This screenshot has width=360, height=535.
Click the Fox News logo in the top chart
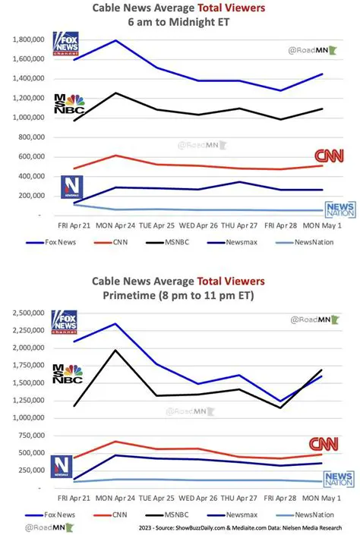(65, 43)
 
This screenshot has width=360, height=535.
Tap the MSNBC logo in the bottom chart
(68, 374)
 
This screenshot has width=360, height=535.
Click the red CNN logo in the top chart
(329, 156)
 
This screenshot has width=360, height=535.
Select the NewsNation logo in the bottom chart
(338, 479)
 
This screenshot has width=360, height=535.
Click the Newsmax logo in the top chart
(71, 187)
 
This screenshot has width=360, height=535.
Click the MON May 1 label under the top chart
(324, 226)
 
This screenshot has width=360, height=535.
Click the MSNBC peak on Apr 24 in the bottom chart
(115, 350)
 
